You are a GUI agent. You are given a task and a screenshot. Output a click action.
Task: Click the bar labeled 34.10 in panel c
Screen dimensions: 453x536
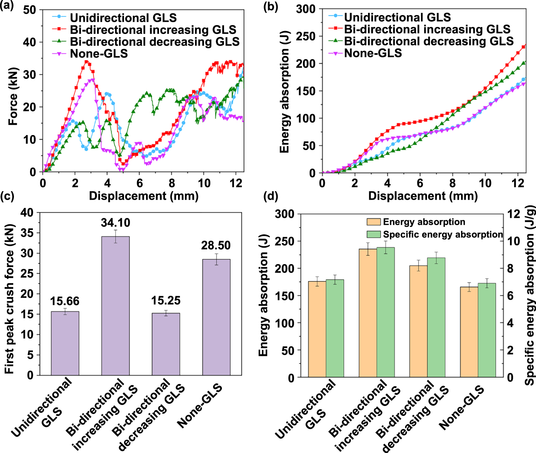point(115,305)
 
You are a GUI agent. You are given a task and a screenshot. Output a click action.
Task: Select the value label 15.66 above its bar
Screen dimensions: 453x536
point(65,301)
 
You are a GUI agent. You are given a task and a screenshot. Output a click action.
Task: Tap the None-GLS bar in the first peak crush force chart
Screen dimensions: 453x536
point(216,317)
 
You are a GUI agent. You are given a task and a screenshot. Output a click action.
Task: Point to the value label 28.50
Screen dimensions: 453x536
point(216,245)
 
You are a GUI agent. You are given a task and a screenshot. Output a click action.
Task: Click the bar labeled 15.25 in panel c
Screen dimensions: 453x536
point(166,344)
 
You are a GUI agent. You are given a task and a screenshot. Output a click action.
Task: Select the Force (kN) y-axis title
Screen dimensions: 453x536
point(13,96)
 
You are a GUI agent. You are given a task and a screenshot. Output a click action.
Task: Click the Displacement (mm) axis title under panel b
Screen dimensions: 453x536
point(423,196)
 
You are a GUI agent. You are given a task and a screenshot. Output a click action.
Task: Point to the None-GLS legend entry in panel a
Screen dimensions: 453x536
point(99,54)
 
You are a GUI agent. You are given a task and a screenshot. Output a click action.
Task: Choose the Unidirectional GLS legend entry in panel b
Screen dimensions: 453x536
point(397,17)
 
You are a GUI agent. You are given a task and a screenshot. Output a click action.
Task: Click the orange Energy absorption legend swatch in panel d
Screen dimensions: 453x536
point(373,222)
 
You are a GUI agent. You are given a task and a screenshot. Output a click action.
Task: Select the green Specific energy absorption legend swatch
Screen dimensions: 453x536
point(373,234)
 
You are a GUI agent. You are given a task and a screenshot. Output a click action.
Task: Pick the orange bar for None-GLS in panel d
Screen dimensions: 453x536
point(469,332)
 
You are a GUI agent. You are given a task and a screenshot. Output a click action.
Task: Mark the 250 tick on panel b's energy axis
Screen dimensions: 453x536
point(306,36)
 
